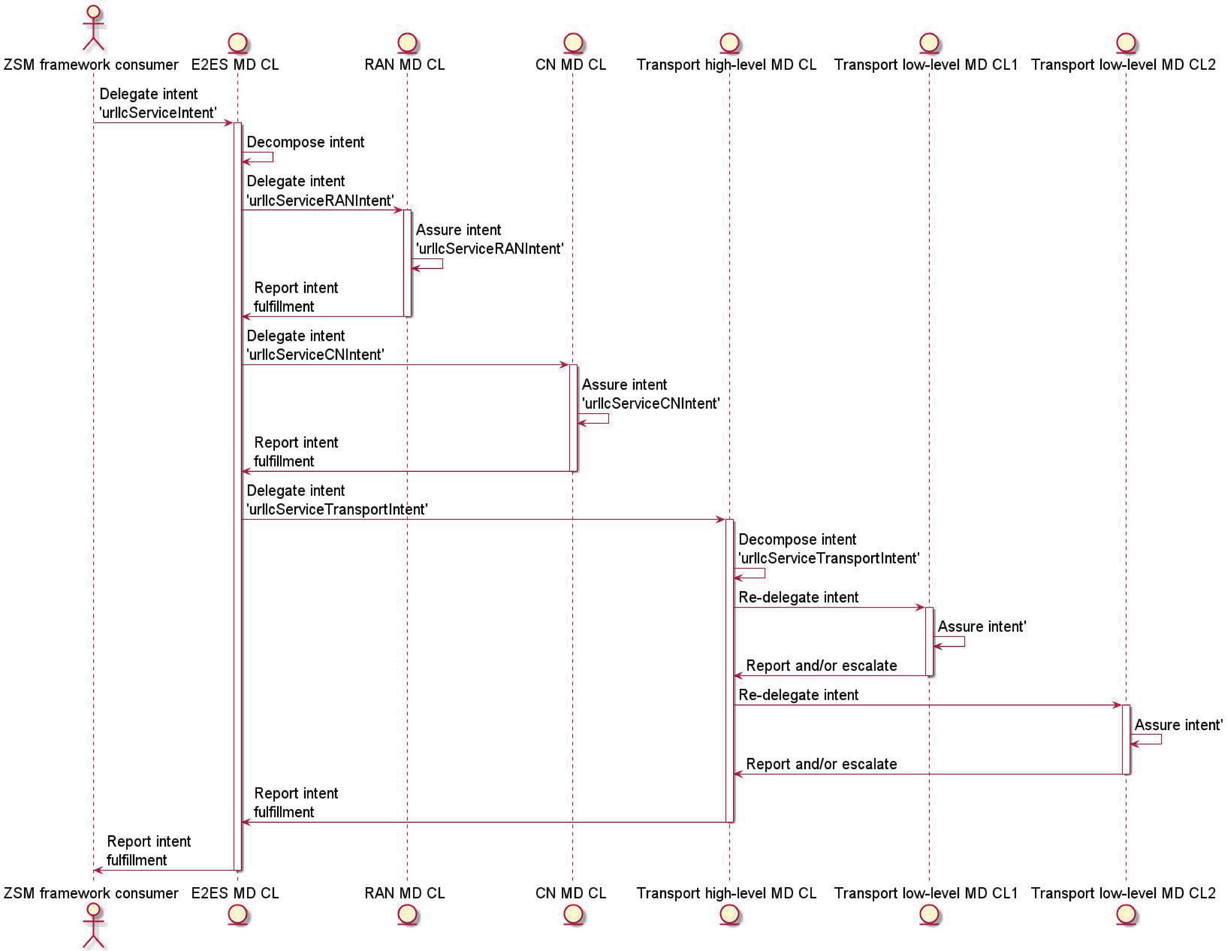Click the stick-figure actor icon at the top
coord(93,28)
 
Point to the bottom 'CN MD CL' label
coord(571,893)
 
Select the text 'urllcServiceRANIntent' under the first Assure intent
coord(489,248)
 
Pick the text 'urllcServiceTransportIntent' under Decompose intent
coord(829,558)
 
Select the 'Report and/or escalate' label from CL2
coord(821,764)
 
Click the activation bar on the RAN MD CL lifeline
coord(407,263)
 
